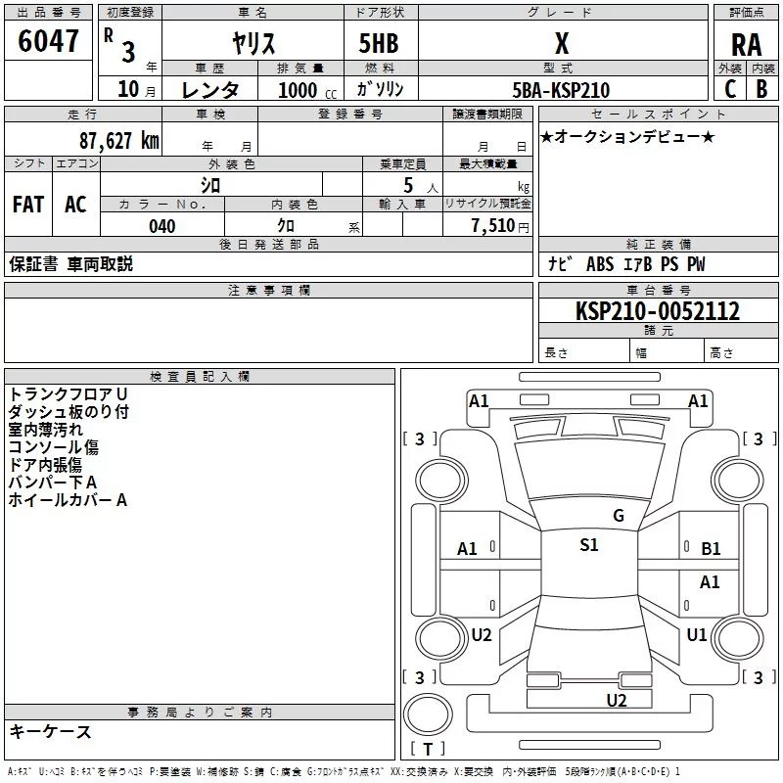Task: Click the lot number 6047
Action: (49, 41)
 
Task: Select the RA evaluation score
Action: (746, 44)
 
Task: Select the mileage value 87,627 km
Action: (119, 140)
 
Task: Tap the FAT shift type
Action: (28, 204)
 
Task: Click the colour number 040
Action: (162, 226)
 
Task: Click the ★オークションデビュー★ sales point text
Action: (627, 136)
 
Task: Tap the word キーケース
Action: (50, 732)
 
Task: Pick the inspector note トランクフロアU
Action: (68, 393)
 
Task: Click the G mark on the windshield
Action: (618, 515)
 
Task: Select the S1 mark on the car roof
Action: (588, 545)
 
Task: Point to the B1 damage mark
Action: (711, 549)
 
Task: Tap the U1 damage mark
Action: (696, 634)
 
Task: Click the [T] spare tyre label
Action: (427, 750)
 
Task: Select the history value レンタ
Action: (209, 90)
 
